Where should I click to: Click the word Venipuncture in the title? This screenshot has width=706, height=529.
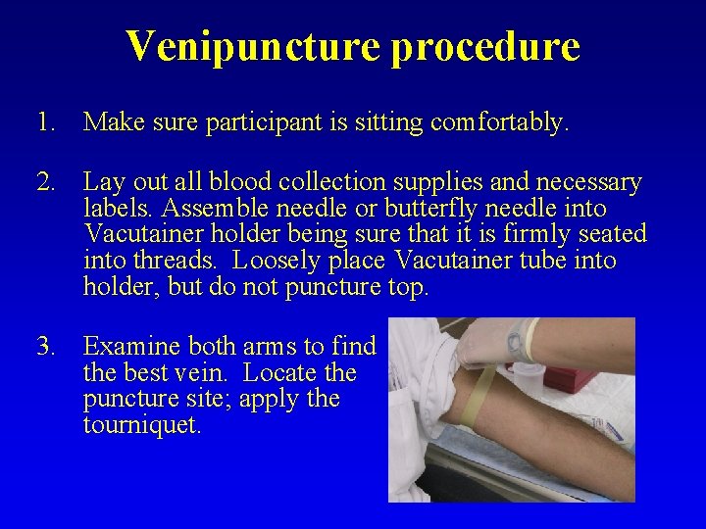click(x=252, y=46)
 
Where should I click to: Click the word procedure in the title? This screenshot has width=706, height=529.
click(x=485, y=46)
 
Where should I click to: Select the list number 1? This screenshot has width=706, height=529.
click(x=44, y=122)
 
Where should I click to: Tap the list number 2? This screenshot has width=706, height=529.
click(x=44, y=182)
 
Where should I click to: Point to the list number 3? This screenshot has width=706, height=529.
click(x=44, y=346)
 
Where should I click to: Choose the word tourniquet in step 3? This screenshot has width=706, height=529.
click(x=143, y=426)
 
